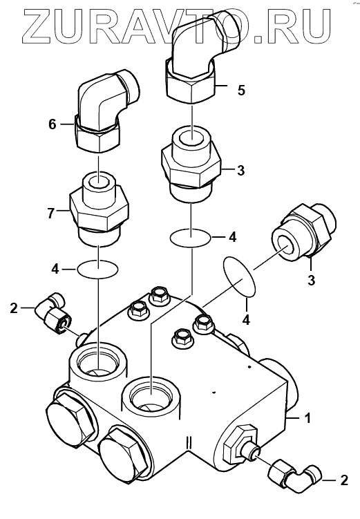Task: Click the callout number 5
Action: pos(242,90)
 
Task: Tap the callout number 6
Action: pos(53,124)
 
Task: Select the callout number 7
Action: pos(50,214)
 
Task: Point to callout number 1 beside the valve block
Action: pos(307,418)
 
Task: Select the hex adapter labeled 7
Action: pos(99,209)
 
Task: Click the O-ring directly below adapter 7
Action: pos(97,269)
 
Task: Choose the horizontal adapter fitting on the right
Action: pos(303,230)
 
